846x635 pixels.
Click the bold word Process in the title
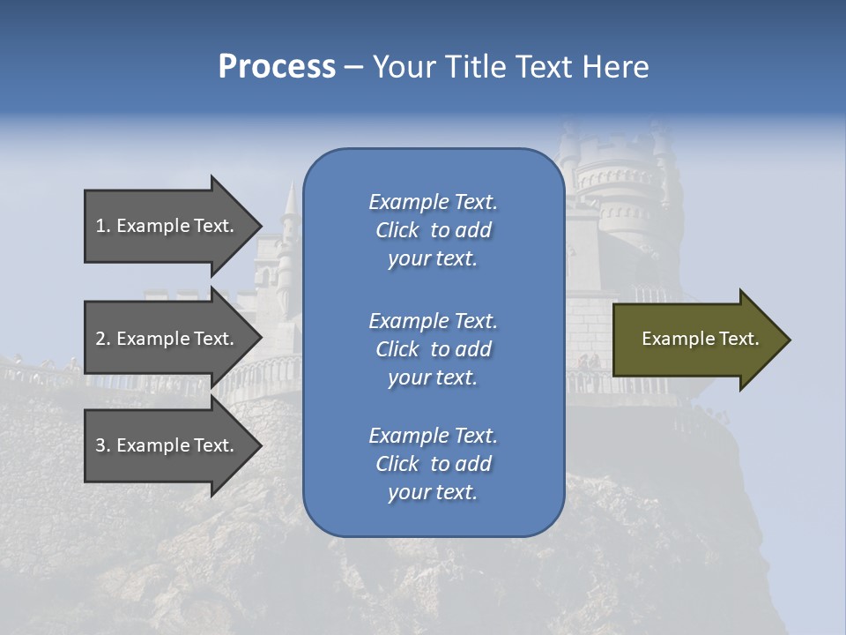pos(277,67)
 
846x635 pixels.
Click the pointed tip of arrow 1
pos(259,226)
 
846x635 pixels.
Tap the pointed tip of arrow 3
pos(259,445)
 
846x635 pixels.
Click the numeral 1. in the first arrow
pos(103,226)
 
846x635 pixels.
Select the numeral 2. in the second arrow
pos(103,339)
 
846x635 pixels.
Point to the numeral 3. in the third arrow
pos(103,445)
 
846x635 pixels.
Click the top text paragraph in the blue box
pos(433,230)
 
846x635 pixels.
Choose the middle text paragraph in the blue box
pos(433,349)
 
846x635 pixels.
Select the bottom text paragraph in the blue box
pos(433,464)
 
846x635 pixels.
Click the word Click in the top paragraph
pos(397,230)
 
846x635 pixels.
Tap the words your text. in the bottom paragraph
pos(433,492)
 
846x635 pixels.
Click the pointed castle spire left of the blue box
pos(289,198)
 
